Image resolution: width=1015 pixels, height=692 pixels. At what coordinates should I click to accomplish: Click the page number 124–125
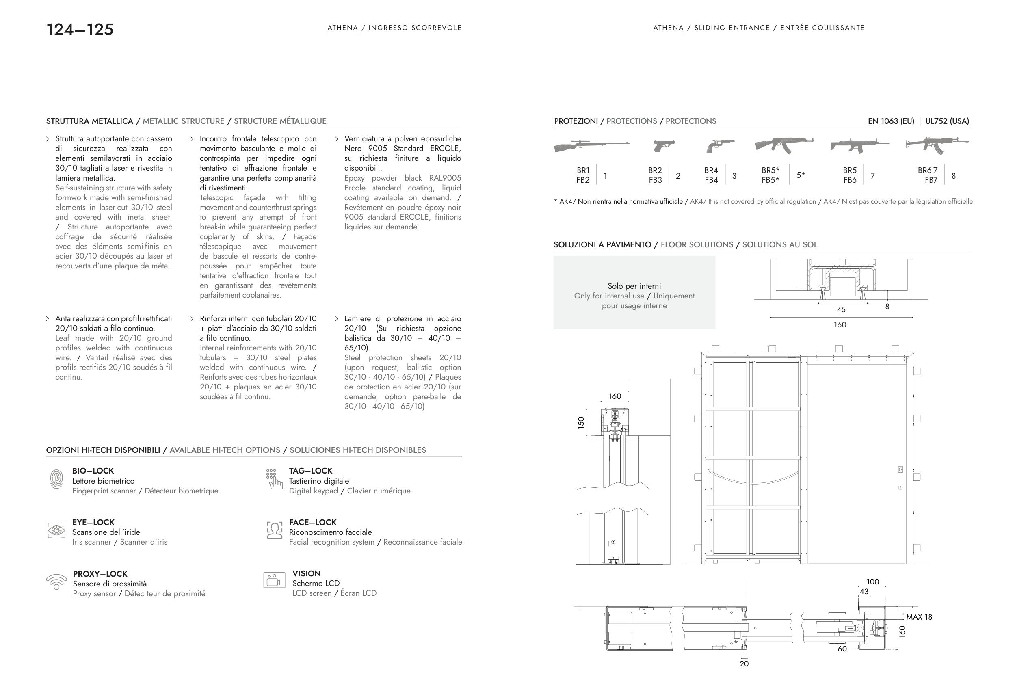(80, 30)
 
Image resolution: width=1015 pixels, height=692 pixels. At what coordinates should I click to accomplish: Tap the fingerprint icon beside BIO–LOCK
(56, 479)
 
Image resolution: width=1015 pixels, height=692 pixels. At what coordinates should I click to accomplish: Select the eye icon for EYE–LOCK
(56, 530)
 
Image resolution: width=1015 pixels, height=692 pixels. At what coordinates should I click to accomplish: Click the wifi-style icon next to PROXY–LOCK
(56, 582)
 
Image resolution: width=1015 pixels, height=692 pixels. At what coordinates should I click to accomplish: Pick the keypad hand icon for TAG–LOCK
(274, 479)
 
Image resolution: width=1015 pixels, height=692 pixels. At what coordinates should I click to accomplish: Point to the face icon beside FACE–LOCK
(274, 530)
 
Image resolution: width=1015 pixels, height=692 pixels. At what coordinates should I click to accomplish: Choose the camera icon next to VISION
(274, 580)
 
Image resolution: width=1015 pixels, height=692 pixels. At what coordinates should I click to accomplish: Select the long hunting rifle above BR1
(591, 146)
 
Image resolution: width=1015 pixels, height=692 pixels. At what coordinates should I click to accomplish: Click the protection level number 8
(953, 176)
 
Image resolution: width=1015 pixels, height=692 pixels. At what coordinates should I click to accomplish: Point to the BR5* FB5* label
(770, 175)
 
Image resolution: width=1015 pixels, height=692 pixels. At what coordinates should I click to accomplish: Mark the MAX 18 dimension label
(919, 617)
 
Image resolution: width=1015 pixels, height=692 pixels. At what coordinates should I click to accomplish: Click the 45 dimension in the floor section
(841, 309)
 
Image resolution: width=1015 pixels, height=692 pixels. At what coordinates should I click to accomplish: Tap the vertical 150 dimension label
(581, 423)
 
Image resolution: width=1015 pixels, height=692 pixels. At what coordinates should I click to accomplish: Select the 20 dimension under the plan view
(744, 664)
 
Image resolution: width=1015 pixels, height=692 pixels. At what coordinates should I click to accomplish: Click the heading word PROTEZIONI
(576, 121)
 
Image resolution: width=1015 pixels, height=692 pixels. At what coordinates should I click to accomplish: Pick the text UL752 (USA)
(947, 121)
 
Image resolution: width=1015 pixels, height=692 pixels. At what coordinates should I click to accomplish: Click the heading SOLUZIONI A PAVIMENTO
(602, 245)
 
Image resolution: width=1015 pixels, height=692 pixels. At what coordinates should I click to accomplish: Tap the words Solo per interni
(634, 286)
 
